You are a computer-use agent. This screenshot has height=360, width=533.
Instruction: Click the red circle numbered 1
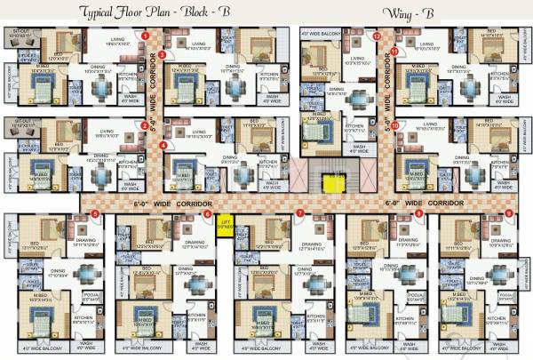144,35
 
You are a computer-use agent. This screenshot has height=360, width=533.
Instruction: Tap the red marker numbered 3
163,54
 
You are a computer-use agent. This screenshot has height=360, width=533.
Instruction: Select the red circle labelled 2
144,124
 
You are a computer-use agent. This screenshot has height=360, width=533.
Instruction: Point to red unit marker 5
95,214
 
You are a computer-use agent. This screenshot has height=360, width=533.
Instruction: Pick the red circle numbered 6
208,214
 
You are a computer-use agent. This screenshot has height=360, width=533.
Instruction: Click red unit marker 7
300,214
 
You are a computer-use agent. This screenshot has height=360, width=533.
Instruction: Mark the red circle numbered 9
509,214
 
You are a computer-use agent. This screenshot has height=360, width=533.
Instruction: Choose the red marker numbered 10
394,125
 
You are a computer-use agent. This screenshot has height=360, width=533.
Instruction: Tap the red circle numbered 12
377,36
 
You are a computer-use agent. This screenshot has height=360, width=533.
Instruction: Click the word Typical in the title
103,12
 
